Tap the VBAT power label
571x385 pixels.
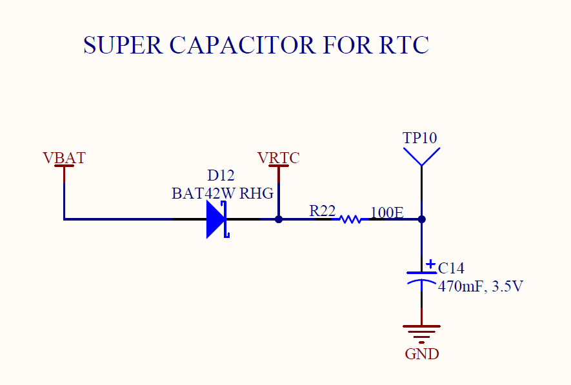click(64, 158)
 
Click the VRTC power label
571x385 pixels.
click(278, 158)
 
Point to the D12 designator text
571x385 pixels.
click(221, 175)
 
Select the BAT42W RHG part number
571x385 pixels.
click(223, 193)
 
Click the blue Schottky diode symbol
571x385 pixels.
click(217, 219)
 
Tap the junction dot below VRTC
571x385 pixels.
click(279, 219)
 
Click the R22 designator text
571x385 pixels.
click(322, 211)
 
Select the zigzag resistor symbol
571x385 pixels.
click(350, 219)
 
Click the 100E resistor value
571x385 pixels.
click(387, 212)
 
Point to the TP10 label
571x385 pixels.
click(420, 138)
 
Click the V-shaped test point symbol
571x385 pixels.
click(421, 157)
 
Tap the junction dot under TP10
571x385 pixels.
click(421, 219)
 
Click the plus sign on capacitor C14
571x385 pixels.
click(430, 263)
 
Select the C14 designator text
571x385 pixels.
click(451, 268)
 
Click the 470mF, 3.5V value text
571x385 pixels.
click(480, 286)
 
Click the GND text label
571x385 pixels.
click(421, 354)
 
